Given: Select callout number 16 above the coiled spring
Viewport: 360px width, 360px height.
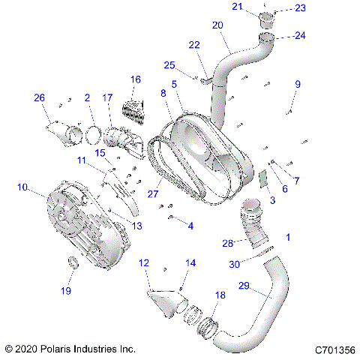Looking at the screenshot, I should pos(136,79).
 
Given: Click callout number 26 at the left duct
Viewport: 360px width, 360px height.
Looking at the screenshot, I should pos(39,97).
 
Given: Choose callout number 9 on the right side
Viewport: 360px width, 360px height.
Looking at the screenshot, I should pos(297,84).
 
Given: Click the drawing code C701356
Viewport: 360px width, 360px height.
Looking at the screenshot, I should pos(334,349).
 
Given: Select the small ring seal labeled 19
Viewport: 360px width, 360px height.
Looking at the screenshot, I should pos(73,262).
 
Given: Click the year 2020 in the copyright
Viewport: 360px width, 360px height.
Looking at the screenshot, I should pos(27,349).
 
